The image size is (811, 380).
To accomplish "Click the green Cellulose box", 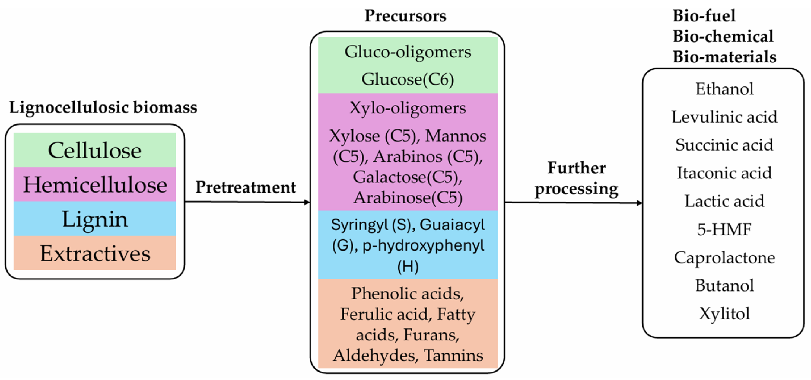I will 94,150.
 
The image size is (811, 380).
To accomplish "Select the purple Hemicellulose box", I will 94,184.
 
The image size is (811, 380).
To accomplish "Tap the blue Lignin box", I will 94,219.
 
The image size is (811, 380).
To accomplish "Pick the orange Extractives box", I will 94,253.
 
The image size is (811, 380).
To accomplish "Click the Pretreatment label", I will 246,187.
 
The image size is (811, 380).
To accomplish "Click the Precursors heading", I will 405,16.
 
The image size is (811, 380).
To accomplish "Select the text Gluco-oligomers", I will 408,52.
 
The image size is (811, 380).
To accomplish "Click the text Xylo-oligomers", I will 408,108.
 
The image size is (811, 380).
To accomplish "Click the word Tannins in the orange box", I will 453,355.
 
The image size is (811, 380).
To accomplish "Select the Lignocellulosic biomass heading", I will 103,107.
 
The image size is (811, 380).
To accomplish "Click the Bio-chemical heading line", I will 723,36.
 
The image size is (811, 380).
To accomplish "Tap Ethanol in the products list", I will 724,89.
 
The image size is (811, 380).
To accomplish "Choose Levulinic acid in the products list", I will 724,117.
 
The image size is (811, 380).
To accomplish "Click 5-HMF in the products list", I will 724,229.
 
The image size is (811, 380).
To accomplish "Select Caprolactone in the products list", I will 724,257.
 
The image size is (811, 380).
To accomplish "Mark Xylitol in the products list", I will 724,314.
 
